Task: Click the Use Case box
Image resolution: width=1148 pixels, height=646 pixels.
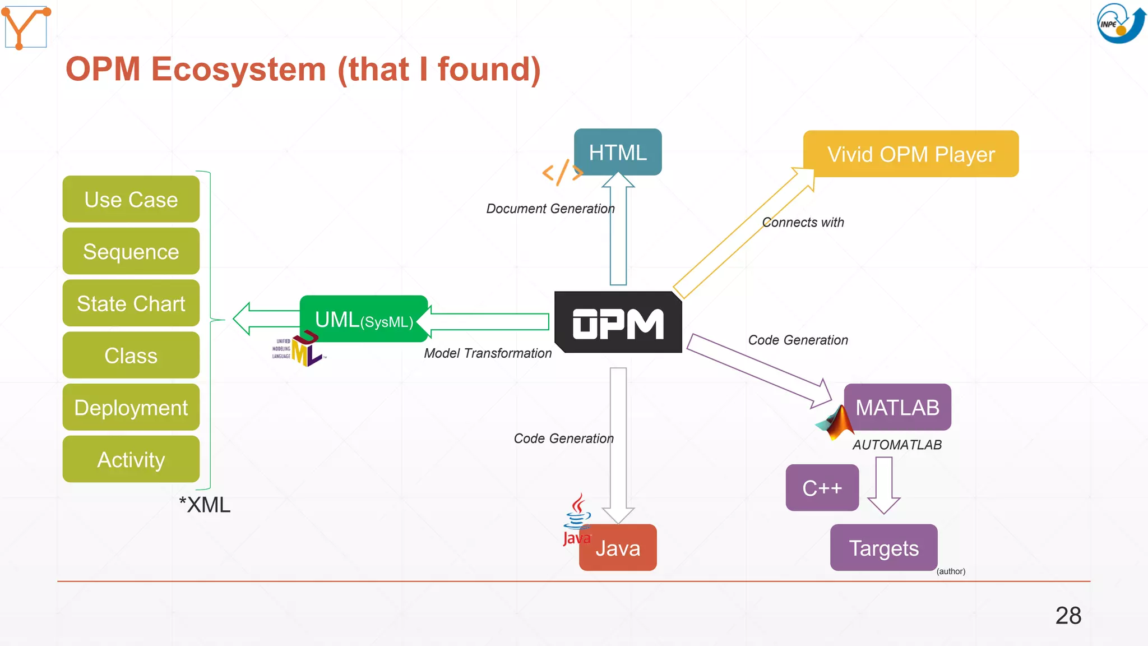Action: [x=131, y=199]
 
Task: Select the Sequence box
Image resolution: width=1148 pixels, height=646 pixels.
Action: [x=131, y=251]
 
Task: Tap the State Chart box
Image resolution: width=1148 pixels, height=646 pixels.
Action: [x=131, y=303]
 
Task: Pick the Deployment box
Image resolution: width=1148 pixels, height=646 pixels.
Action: [x=131, y=408]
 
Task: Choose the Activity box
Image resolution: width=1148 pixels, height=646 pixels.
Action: [x=131, y=460]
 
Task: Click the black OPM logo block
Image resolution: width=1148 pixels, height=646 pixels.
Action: [x=618, y=323]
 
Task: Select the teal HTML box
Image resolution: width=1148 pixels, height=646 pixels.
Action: [x=618, y=152]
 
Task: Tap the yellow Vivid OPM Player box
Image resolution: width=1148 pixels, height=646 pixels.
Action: [x=910, y=154]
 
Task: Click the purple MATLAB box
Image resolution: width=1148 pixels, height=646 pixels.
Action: [x=897, y=407]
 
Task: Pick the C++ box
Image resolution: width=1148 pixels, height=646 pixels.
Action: [x=822, y=488]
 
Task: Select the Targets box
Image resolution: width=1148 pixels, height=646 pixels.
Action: [x=883, y=548]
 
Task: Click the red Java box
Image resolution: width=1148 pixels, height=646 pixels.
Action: [x=618, y=548]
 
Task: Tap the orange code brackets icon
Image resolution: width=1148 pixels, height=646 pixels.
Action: [x=562, y=172]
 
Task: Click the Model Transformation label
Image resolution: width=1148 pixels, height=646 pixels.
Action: [x=487, y=353]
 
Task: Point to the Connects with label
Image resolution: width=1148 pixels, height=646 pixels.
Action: [x=803, y=223]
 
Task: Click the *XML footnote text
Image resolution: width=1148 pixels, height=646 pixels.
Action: [x=205, y=505]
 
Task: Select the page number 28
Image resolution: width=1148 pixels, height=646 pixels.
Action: [x=1068, y=616]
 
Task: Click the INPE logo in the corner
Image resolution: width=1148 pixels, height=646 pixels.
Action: [x=1120, y=23]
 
